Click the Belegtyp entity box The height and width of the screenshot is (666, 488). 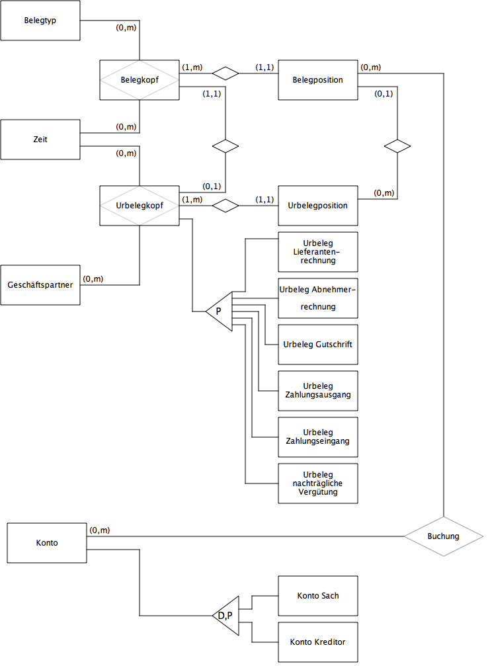click(x=40, y=21)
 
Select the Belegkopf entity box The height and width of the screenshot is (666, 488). click(x=139, y=80)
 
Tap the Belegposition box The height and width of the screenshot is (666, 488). click(x=317, y=80)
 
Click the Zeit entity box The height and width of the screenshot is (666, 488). click(x=40, y=140)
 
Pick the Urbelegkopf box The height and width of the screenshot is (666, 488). click(x=139, y=206)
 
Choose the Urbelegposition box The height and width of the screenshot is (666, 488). click(x=317, y=206)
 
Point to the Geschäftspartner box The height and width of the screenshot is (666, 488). click(x=40, y=285)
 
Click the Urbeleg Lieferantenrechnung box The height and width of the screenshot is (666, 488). click(x=317, y=252)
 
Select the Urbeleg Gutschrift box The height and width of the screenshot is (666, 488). click(x=317, y=345)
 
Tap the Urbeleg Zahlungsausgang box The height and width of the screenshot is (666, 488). click(x=317, y=391)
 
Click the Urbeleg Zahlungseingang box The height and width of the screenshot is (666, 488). click(x=317, y=437)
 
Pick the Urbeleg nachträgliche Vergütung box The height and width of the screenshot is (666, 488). click(x=317, y=483)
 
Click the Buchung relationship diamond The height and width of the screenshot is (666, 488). click(x=443, y=536)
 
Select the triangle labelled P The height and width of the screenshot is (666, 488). click(x=221, y=311)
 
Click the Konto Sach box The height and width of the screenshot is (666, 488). click(x=317, y=596)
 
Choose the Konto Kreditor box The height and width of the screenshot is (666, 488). click(x=317, y=642)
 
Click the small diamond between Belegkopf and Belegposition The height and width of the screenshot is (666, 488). click(x=225, y=73)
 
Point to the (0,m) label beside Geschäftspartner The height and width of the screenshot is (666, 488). click(x=93, y=278)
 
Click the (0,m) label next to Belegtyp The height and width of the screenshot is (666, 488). click(x=126, y=27)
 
